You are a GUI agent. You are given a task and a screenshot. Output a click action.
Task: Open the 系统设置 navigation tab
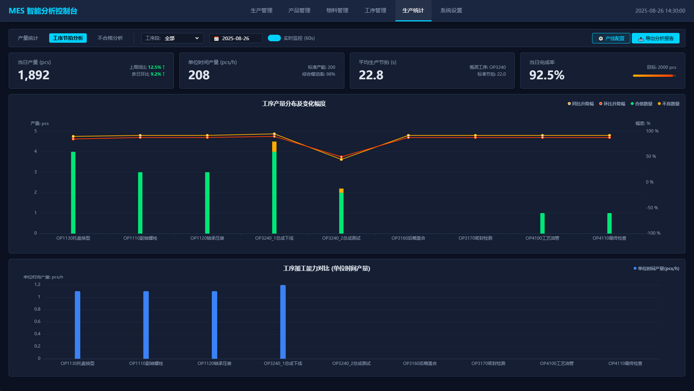(451, 10)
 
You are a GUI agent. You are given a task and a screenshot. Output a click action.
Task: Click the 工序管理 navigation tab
(375, 10)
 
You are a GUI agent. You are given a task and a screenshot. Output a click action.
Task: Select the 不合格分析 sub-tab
(110, 38)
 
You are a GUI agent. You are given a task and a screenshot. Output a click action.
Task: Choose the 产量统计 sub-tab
(28, 38)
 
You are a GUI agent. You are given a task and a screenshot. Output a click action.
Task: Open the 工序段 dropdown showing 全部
(172, 38)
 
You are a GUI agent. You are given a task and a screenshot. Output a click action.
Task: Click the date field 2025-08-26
(236, 38)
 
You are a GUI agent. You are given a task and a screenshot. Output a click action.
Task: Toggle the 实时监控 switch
(274, 38)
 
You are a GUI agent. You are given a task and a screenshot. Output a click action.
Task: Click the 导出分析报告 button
(656, 38)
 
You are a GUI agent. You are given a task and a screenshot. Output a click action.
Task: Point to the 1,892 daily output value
(34, 75)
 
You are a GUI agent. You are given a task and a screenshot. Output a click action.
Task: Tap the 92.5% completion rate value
(547, 75)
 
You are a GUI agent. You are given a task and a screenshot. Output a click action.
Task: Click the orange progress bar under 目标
(653, 76)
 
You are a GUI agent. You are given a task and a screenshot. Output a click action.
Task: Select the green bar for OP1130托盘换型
(73, 193)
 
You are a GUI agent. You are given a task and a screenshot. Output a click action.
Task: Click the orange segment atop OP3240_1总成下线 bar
(274, 147)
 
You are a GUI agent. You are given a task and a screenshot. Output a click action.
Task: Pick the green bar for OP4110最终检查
(609, 223)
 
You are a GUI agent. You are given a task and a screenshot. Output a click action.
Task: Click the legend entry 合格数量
(642, 104)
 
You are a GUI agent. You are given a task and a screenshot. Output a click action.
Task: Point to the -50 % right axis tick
(652, 208)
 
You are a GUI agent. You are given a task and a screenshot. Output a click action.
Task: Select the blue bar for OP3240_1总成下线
(283, 322)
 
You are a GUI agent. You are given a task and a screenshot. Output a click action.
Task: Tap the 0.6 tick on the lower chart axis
(37, 321)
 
